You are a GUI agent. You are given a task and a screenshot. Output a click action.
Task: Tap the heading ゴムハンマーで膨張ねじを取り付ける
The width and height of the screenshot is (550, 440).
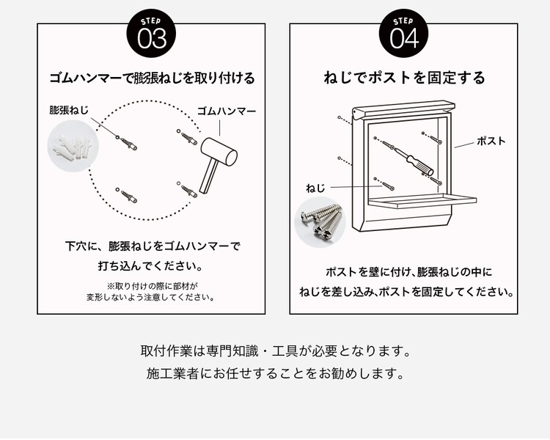tap(152, 78)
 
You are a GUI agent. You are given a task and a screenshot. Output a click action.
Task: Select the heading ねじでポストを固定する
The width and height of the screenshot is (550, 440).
tap(404, 78)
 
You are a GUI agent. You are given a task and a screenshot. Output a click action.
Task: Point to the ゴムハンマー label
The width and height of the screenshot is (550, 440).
tap(227, 111)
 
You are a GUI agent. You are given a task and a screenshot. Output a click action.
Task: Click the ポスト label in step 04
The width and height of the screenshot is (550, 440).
tap(491, 141)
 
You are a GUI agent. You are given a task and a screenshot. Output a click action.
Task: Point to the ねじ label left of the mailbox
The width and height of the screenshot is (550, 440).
tap(315, 188)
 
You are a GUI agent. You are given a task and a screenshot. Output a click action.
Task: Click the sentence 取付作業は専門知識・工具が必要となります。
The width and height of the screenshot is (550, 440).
tap(275, 350)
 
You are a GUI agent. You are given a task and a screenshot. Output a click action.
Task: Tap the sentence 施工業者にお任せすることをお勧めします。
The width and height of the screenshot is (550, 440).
tap(275, 374)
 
